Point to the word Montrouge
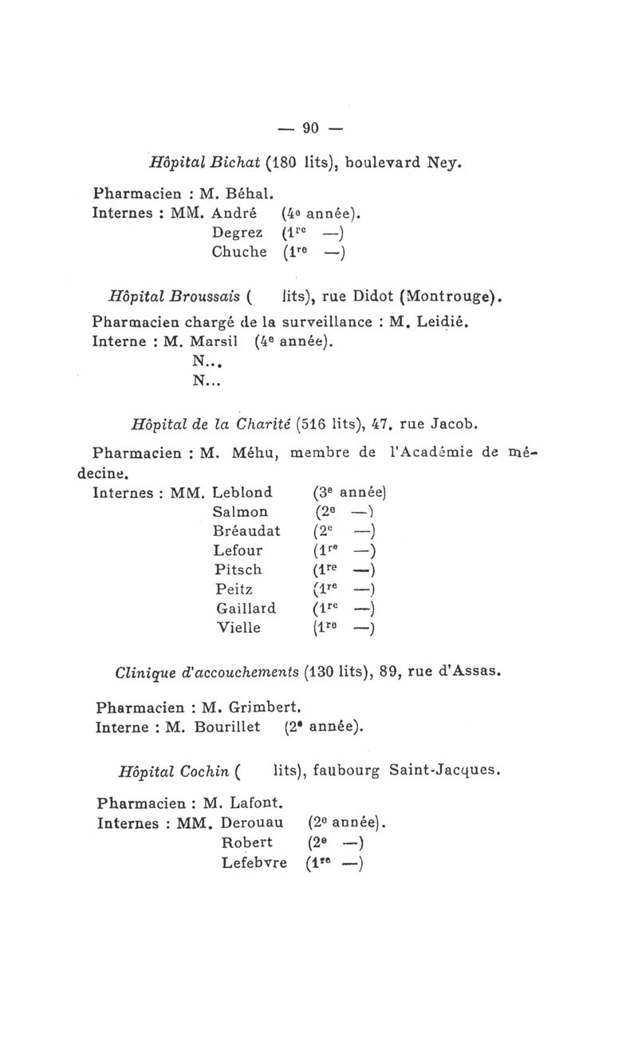451,301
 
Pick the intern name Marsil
219,343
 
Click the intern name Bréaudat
246,530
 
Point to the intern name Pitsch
239,570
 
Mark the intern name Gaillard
246,608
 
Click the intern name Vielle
238,627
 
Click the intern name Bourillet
231,726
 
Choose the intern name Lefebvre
254,862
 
